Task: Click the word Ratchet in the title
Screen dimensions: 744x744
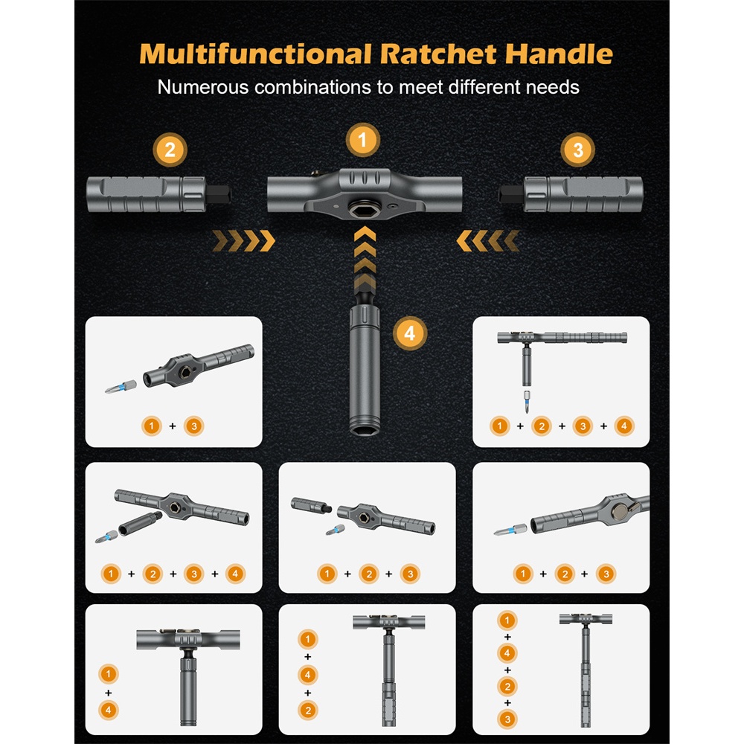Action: pos(438,54)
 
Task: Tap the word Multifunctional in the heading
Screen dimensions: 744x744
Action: pos(255,54)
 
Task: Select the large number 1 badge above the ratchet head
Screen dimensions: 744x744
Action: pos(362,140)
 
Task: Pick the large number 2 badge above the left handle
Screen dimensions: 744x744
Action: pos(170,150)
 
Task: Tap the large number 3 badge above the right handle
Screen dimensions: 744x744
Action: pos(577,150)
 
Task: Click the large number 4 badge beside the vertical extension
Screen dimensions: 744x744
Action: pos(410,333)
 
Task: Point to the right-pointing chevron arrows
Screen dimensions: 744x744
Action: pos(243,240)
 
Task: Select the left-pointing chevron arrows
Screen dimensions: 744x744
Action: pos(488,240)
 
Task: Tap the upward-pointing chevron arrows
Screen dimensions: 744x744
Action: pos(365,259)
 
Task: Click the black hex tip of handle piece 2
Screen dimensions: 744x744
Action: pos(218,194)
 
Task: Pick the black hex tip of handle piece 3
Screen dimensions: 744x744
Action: pos(512,194)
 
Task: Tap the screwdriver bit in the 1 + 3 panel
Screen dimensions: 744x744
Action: pos(121,387)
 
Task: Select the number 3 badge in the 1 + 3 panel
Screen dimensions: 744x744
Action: pos(193,426)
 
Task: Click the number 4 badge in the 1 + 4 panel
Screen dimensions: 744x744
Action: pos(108,710)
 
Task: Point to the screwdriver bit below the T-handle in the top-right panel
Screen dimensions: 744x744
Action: pos(526,402)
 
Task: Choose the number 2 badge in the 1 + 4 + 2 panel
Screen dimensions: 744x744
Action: pos(307,711)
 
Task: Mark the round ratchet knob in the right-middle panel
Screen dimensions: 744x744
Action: pos(619,511)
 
